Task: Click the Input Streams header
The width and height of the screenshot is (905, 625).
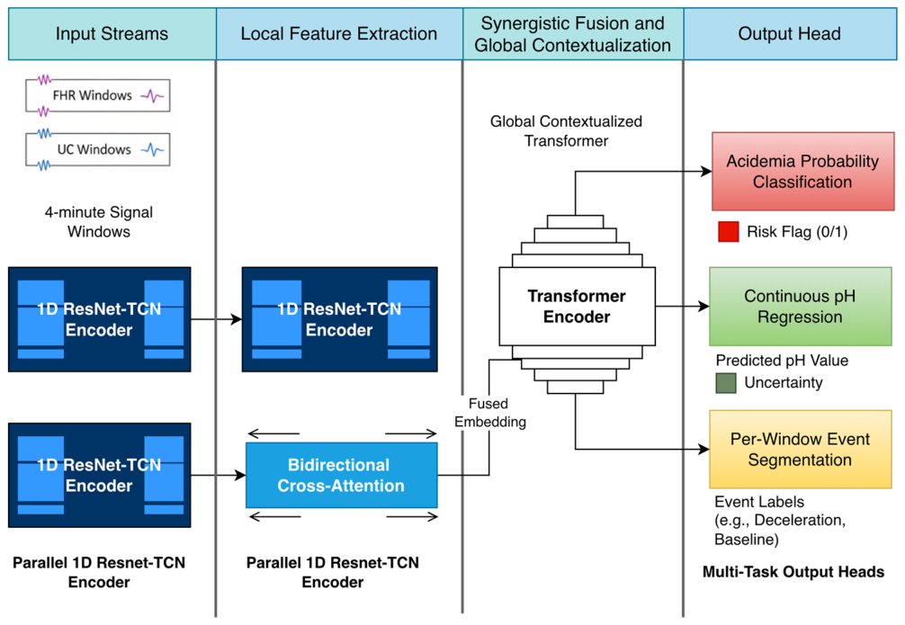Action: [112, 33]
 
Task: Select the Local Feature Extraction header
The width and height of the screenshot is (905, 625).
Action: [339, 33]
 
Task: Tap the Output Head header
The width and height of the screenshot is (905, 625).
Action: [790, 33]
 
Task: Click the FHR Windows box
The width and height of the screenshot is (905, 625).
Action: [97, 95]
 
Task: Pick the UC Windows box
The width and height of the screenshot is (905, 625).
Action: [97, 149]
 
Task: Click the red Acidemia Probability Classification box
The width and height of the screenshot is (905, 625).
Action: [802, 172]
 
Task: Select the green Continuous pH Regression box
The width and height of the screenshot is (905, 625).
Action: [801, 307]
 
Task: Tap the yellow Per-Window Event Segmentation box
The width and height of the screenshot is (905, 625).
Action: [801, 449]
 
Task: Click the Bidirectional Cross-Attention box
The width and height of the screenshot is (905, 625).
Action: [342, 475]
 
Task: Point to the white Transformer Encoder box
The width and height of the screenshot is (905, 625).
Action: [578, 306]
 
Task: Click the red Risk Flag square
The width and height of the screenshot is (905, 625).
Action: [729, 231]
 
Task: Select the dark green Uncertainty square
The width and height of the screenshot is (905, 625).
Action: [725, 382]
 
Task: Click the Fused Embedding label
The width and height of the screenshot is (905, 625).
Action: [490, 413]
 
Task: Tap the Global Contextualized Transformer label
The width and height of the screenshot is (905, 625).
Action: [566, 131]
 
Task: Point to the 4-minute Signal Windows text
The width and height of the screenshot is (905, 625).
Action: [99, 221]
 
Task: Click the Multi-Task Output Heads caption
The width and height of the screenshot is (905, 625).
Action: [793, 572]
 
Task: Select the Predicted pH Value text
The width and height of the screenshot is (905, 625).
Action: [782, 360]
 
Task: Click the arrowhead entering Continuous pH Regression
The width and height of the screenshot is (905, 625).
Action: [703, 307]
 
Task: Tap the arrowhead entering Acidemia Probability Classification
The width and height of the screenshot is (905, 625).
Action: [706, 172]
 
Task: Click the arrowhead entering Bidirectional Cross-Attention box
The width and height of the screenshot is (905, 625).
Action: [240, 476]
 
